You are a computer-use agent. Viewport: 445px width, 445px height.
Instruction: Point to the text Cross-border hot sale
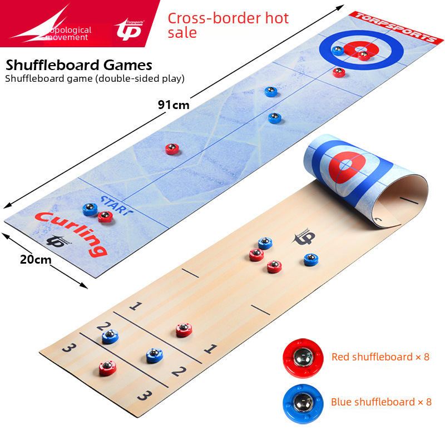(228, 25)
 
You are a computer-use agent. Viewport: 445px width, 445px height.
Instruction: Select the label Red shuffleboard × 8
(380, 357)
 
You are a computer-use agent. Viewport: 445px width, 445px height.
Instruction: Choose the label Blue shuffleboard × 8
(381, 402)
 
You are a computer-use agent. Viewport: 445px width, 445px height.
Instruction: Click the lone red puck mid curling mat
(172, 149)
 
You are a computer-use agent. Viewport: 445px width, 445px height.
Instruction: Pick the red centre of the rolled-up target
(347, 165)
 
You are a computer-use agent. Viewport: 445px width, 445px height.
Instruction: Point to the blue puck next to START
(90, 209)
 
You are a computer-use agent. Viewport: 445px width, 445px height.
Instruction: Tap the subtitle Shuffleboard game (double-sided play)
(95, 78)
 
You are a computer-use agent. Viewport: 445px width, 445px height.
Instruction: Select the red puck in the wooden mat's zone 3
(108, 367)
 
